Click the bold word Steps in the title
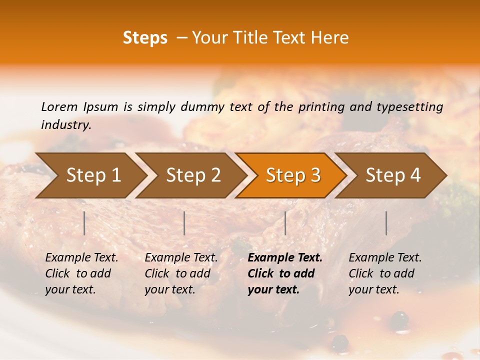click(145, 38)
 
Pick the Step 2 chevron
click(192, 175)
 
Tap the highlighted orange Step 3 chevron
click(292, 175)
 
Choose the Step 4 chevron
click(392, 175)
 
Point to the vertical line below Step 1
click(84, 223)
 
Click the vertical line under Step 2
click(184, 223)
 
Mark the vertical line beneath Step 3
click(285, 223)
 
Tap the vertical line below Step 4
click(386, 223)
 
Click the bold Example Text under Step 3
click(285, 258)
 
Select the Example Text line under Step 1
click(81, 258)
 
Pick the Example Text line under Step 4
click(385, 258)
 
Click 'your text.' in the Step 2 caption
click(169, 290)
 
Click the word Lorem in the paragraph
click(59, 106)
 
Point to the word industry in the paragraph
click(66, 125)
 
